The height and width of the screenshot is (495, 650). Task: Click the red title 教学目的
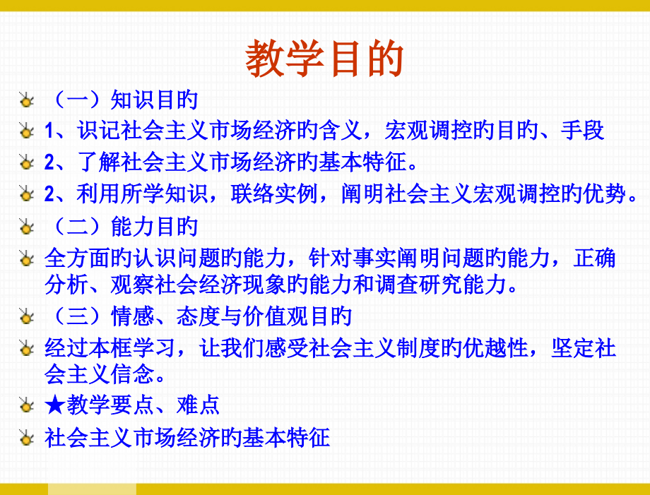coord(324,59)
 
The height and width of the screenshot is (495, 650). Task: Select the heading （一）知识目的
coord(122,100)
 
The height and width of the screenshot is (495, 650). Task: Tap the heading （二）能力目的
coord(122,227)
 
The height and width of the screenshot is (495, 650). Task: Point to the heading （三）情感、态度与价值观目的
coord(198,316)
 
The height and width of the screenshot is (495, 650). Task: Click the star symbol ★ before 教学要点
coord(55,405)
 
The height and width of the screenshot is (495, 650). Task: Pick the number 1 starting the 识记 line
coord(49,131)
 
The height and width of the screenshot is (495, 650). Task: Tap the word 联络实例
coord(274,194)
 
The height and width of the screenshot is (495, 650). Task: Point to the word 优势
coord(605,194)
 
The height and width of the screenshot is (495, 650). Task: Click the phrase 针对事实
coord(353,258)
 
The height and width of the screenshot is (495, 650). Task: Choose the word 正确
coord(594,258)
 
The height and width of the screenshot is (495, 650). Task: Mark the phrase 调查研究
coord(419,285)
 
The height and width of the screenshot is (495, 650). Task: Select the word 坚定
coord(572,348)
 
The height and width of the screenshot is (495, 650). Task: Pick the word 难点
coord(198,405)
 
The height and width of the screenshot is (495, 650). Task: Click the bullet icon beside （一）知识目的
coord(27,100)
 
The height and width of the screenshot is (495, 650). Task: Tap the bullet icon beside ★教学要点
coord(27,405)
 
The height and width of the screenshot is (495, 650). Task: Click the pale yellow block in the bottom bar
coord(92,489)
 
